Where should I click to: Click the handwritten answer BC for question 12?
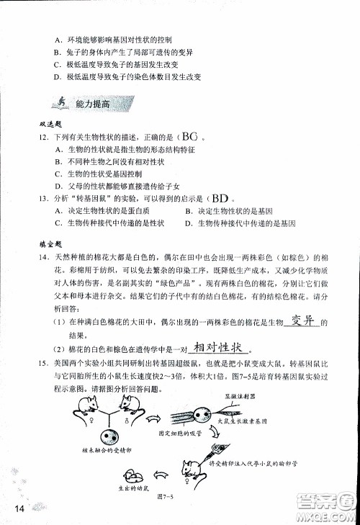pos(189,136)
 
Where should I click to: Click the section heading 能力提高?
pos(92,104)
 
